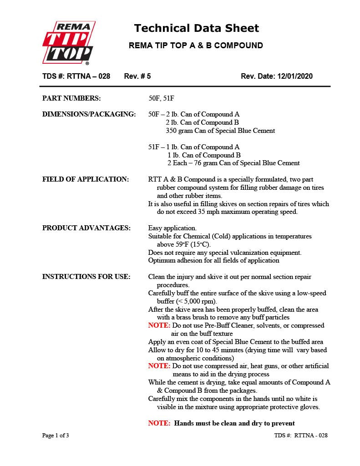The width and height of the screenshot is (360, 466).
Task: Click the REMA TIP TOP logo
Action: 68,43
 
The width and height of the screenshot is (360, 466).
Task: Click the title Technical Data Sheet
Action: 196,28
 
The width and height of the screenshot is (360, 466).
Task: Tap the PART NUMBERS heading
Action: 71,98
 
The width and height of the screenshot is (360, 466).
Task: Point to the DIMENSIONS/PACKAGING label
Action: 89,114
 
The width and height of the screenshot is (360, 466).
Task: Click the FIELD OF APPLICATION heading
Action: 86,179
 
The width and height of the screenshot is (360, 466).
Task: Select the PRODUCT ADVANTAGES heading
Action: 86,228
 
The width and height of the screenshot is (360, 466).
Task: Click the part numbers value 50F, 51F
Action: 162,98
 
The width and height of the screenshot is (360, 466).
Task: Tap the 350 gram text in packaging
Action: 180,131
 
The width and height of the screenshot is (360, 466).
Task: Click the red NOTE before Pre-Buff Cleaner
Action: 159,326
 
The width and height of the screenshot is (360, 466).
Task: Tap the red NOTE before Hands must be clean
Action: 159,423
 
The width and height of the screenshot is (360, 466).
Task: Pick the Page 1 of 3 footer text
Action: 56,436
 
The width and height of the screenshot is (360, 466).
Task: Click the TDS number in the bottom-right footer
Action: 301,436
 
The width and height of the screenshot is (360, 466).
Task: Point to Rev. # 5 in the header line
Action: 137,76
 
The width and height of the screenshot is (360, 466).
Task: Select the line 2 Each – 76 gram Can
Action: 233,163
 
